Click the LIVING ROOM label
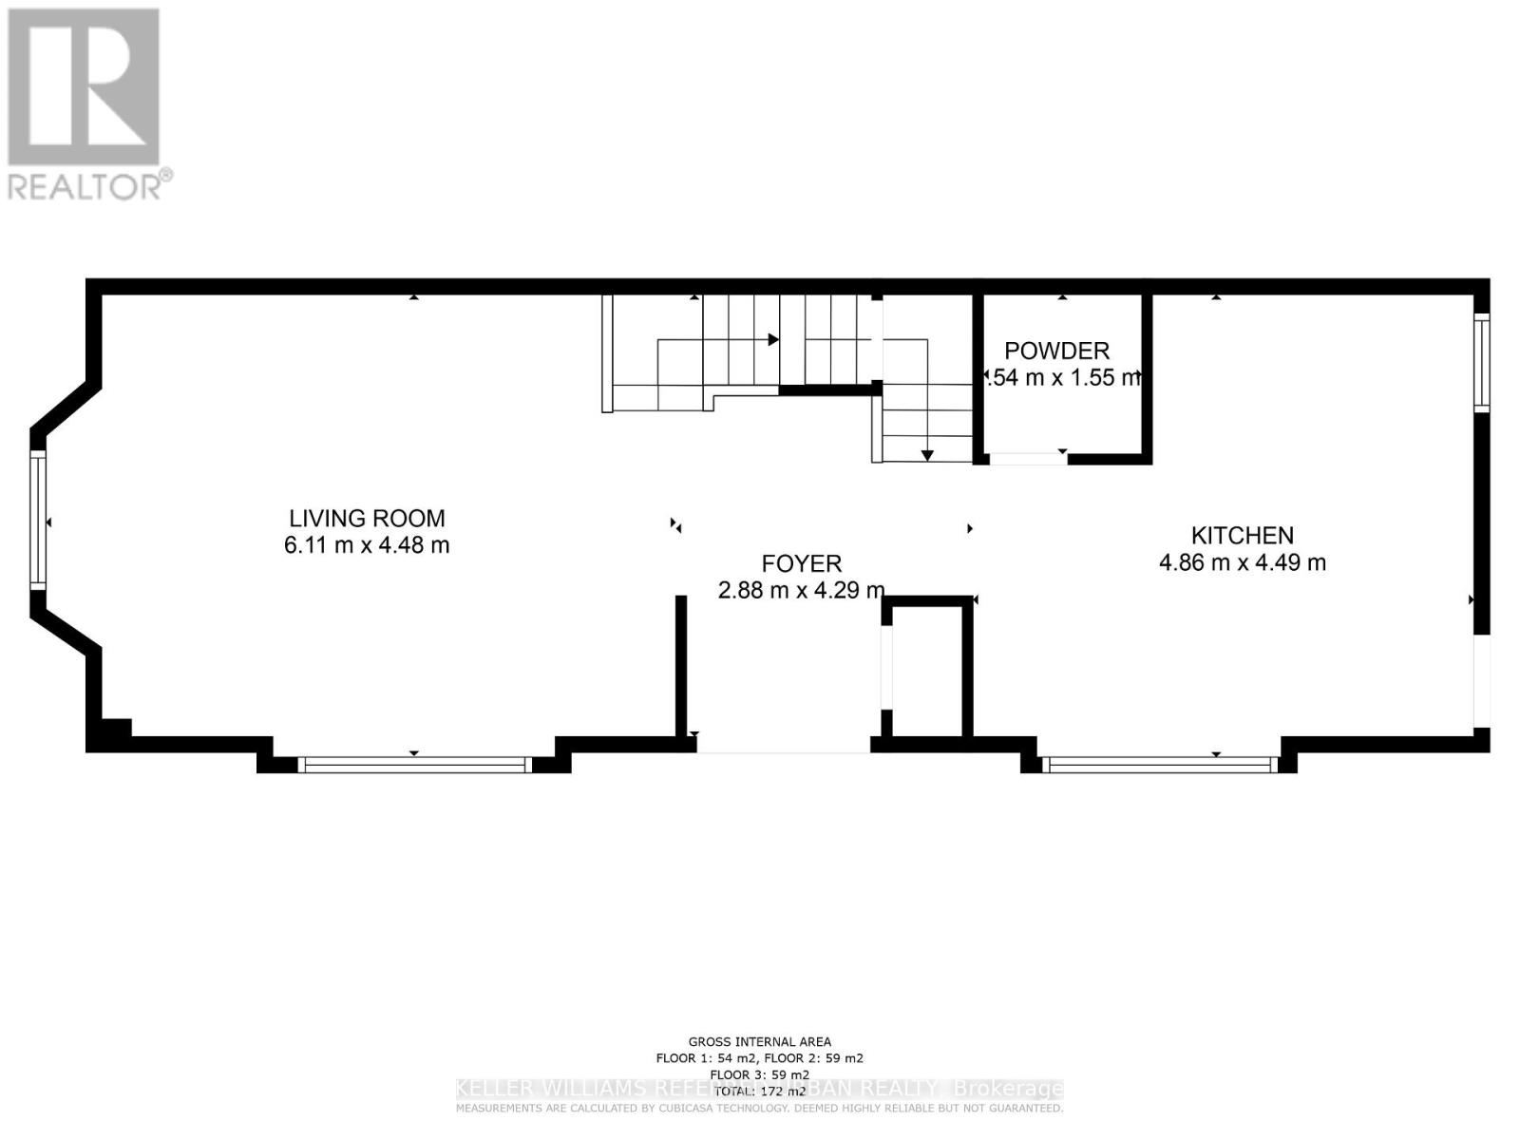[x=367, y=519]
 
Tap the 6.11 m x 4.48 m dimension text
[x=367, y=545]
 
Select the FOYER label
[x=801, y=564]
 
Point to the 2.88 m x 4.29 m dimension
[x=801, y=591]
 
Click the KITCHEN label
[x=1242, y=536]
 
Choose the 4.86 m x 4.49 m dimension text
[x=1242, y=562]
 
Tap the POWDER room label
[x=1056, y=351]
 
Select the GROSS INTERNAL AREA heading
[x=759, y=1042]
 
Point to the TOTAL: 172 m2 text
[x=759, y=1091]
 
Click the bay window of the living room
[x=38, y=521]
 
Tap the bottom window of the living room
[x=414, y=764]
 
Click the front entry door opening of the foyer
[x=783, y=748]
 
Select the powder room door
[x=1028, y=460]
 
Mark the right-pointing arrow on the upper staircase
[x=773, y=339]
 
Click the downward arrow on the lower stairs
[x=927, y=455]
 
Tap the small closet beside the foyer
[x=927, y=670]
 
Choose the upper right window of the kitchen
[x=1481, y=362]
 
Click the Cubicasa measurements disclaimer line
[x=759, y=1109]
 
